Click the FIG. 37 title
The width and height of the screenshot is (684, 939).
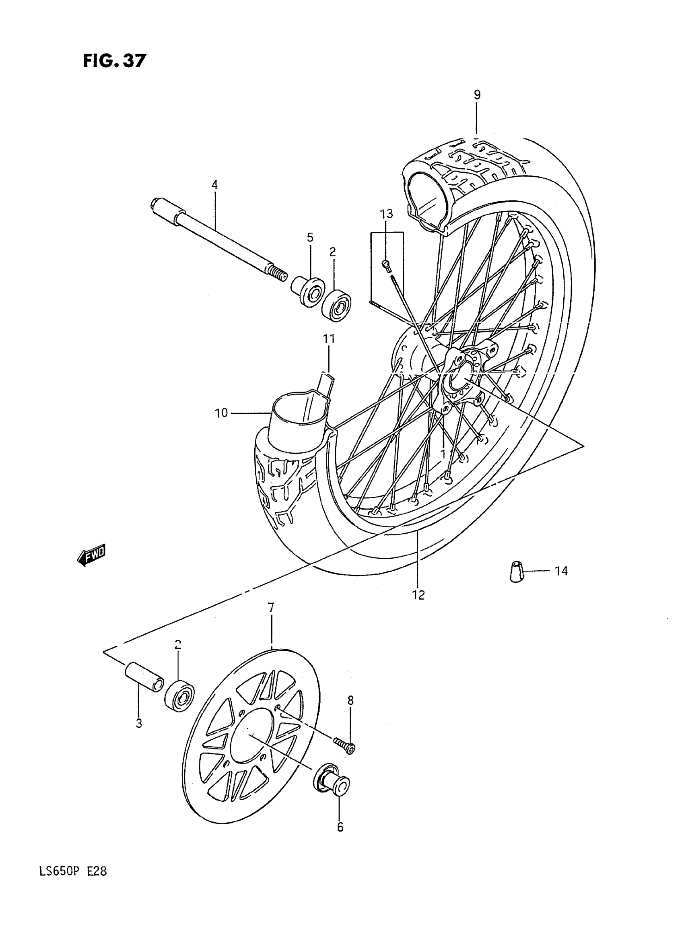[x=114, y=61]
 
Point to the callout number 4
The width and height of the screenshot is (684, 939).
[x=214, y=185]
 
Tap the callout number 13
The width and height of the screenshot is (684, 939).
[x=386, y=214]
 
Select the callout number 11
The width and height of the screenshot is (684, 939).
[x=329, y=339]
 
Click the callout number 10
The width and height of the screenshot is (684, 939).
[x=221, y=413]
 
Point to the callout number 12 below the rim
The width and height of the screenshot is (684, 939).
[x=418, y=595]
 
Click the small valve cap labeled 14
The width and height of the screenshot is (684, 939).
[x=516, y=572]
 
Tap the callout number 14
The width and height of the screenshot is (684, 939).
[x=561, y=572]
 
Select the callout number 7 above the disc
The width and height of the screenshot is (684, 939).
[x=271, y=608]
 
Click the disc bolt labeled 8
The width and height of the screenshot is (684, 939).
[x=344, y=745]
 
